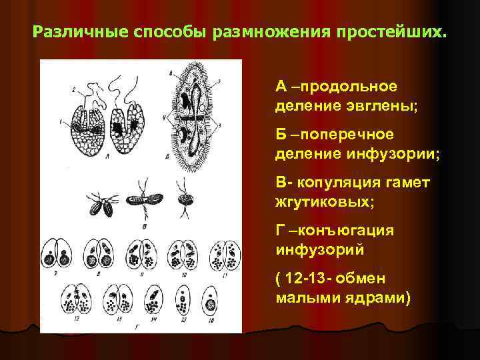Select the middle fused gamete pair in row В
point(143,200)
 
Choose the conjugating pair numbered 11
point(224,253)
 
